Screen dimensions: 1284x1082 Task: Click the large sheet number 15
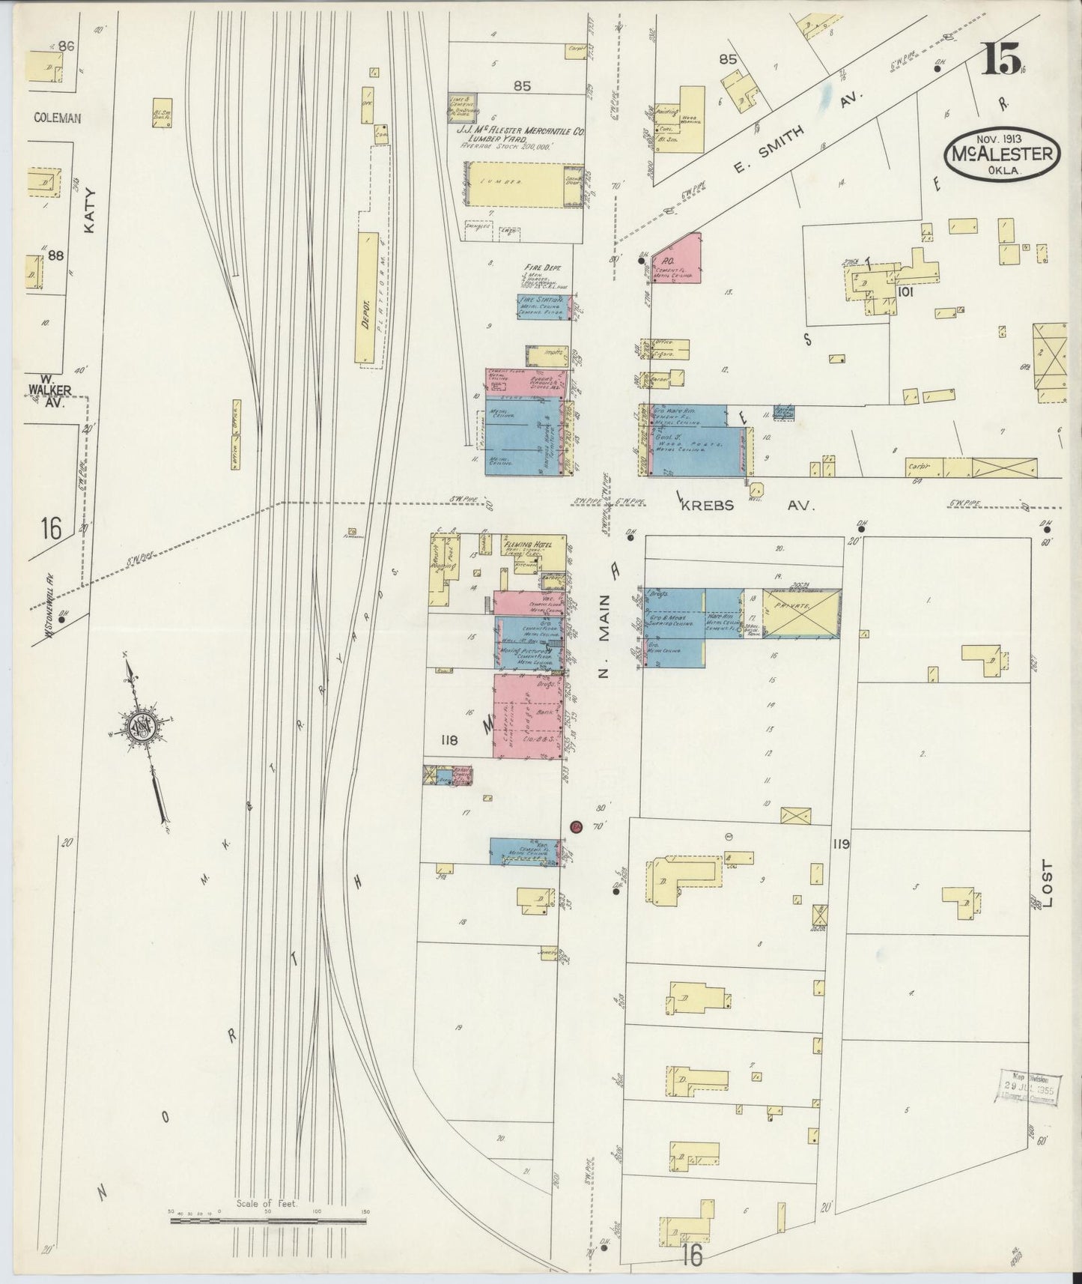click(x=1000, y=58)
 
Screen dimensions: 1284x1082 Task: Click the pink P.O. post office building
click(x=678, y=259)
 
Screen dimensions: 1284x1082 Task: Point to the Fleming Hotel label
click(x=532, y=545)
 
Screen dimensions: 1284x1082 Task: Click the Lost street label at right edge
click(x=1047, y=884)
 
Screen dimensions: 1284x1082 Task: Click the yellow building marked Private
click(x=802, y=612)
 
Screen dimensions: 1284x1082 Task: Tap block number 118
click(x=449, y=740)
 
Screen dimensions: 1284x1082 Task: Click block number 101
click(x=905, y=293)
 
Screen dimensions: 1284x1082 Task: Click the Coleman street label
click(x=57, y=118)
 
